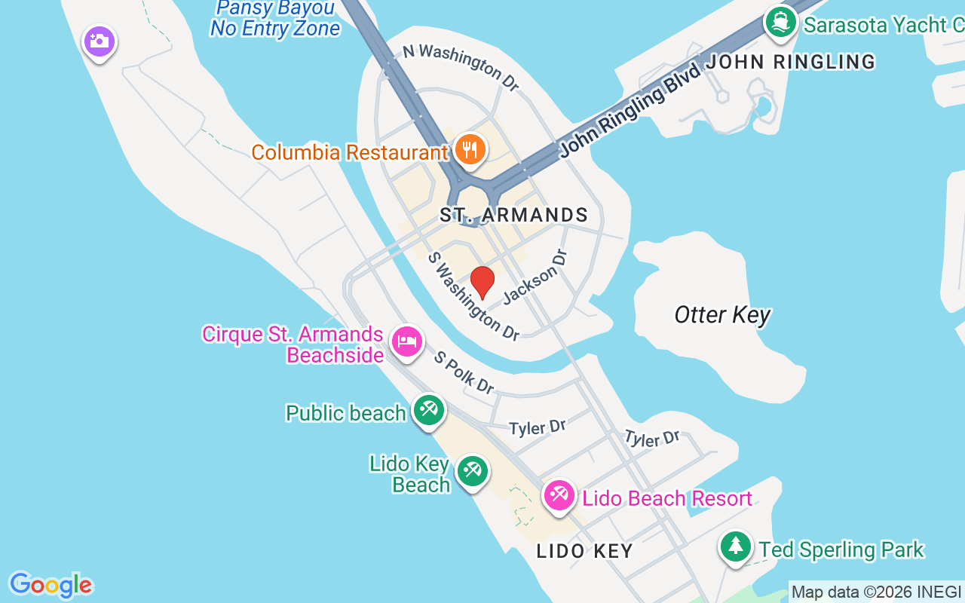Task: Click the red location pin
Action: point(482,283)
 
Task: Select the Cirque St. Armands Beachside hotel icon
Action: point(407,341)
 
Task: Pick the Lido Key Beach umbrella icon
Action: point(473,471)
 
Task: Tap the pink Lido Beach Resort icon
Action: point(559,496)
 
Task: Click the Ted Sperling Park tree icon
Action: point(735,546)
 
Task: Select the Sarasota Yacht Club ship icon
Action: point(781,21)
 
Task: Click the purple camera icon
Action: point(99,41)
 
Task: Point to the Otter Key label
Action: point(722,314)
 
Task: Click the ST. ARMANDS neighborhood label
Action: point(513,216)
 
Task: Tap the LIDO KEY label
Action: point(585,551)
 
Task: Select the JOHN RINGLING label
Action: point(791,62)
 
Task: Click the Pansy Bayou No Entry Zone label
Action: point(275,18)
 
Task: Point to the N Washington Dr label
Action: point(461,67)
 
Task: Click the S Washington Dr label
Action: point(473,295)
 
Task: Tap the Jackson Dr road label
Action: point(534,277)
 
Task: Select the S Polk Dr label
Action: point(464,372)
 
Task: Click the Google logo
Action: point(51,585)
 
